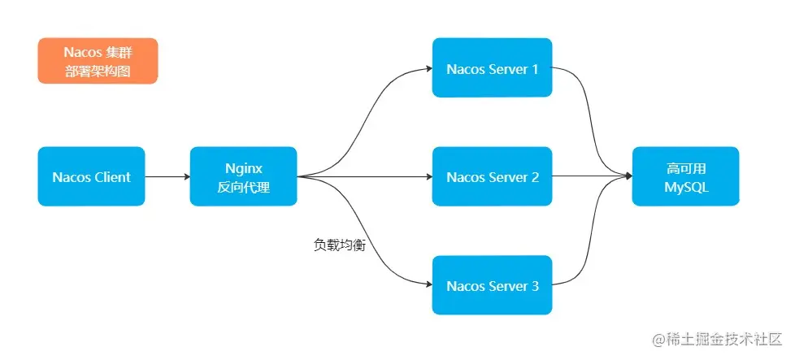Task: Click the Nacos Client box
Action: pyautogui.click(x=91, y=176)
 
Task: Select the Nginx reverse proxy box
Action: pyautogui.click(x=243, y=176)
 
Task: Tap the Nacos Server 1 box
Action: pyautogui.click(x=492, y=68)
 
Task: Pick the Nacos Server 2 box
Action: pyautogui.click(x=492, y=176)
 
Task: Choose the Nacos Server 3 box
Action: pyautogui.click(x=492, y=285)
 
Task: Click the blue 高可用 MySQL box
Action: pyautogui.click(x=685, y=176)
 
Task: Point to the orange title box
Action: pyautogui.click(x=98, y=61)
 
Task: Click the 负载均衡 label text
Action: pyautogui.click(x=339, y=245)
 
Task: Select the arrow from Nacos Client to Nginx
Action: pyautogui.click(x=167, y=176)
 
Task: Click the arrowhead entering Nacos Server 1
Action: pyautogui.click(x=428, y=68)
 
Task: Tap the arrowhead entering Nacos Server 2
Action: pyautogui.click(x=428, y=176)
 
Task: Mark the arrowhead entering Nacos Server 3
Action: pyautogui.click(x=428, y=285)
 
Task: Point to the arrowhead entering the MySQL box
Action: pyautogui.click(x=628, y=176)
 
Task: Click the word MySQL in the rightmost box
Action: pyautogui.click(x=685, y=186)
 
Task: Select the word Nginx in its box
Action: pyautogui.click(x=243, y=167)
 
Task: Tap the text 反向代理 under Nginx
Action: pyautogui.click(x=243, y=186)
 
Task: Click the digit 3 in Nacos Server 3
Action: pyautogui.click(x=535, y=286)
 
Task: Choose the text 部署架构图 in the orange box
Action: pyautogui.click(x=98, y=71)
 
